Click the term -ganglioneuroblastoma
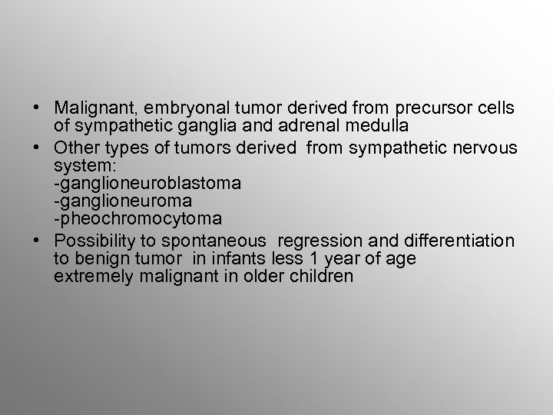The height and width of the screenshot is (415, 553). pos(147,184)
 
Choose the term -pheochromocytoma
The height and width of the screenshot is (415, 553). pos(137,220)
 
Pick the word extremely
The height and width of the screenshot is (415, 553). pos(94,277)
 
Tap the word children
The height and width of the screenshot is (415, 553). pos(323,277)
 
